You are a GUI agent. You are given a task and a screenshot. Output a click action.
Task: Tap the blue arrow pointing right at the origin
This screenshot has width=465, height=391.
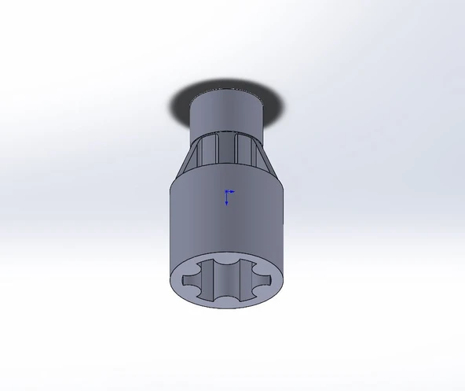[233, 190]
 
